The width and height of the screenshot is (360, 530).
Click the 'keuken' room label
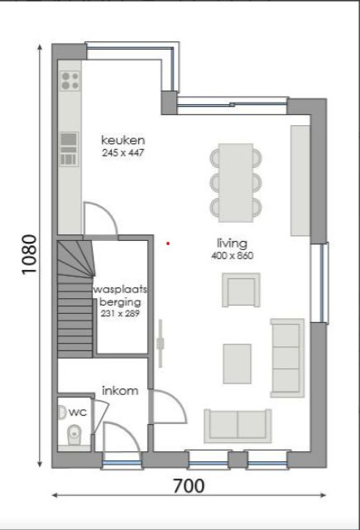[x=123, y=140]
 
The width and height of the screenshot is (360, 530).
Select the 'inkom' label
[x=119, y=390]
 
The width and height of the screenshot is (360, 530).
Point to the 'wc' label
[x=77, y=412]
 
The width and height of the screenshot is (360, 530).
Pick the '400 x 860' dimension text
[x=232, y=256]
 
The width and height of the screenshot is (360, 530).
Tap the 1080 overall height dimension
[x=29, y=257]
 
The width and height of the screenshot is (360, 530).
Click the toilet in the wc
[x=73, y=431]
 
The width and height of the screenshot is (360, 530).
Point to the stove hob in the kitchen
[x=70, y=80]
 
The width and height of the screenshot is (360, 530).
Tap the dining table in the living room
[x=236, y=181]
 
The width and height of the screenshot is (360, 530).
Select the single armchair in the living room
[x=240, y=290]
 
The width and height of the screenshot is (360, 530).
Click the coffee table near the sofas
[x=238, y=364]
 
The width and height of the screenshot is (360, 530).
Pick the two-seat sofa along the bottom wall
[x=238, y=426]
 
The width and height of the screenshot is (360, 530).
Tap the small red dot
[x=168, y=243]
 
